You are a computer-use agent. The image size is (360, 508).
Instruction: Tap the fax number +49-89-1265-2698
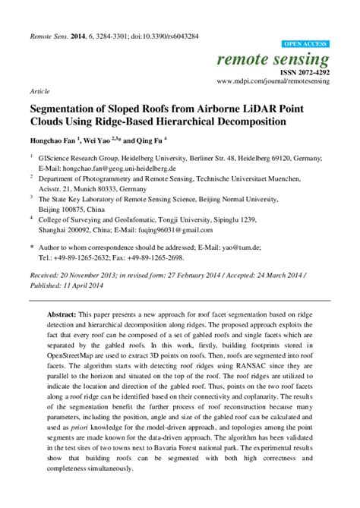[176, 256]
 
